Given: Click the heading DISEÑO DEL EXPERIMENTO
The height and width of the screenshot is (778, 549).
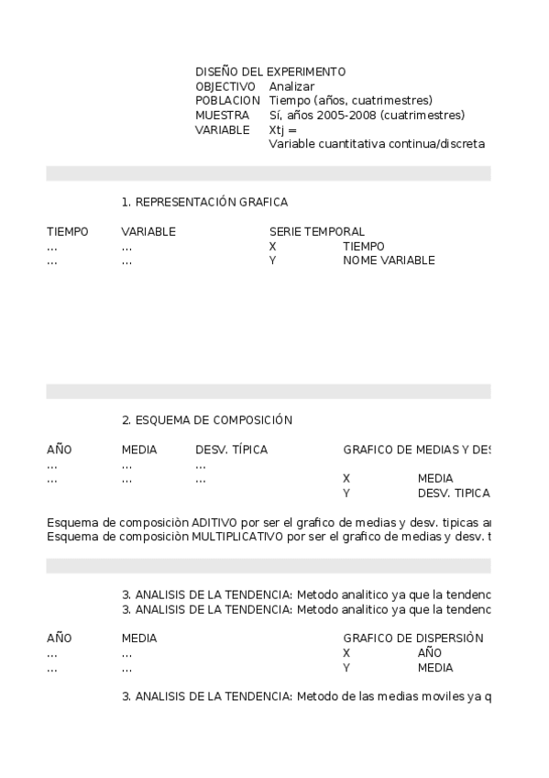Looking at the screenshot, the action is pos(270,72).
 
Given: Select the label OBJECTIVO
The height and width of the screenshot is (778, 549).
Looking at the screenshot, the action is pos(225,86).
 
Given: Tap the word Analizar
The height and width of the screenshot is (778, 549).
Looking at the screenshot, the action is pos(291,86).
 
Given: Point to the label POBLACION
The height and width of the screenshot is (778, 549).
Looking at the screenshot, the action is pos(227,101).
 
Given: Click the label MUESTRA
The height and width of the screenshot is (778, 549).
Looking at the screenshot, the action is pos(222,116).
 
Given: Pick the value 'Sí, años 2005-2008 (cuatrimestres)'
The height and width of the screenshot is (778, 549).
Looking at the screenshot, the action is pos(367,116).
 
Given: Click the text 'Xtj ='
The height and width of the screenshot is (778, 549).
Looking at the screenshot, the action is pos(283,130).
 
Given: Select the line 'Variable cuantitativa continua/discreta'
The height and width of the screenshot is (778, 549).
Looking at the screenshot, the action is pos(377,144).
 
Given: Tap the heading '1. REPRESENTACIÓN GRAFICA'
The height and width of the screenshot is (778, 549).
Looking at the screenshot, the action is pos(204,203).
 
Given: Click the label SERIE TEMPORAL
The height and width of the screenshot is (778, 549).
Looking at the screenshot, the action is pos(316,232).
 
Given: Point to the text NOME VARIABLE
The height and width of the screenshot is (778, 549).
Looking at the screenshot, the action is pos(389,261).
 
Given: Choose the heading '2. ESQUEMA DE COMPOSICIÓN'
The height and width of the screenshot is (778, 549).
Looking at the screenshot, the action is pos(207,420).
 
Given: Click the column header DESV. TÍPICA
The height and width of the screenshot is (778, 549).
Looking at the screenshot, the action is pos(232,450).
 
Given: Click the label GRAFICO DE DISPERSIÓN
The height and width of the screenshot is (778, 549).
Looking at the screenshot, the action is pos(413,639).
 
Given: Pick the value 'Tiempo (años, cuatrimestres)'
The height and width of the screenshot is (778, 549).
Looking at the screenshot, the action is pos(351,101).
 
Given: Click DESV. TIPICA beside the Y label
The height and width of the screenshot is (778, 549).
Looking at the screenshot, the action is pos(454,494).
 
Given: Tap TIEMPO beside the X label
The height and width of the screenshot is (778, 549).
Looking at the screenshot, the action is pos(364,247).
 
